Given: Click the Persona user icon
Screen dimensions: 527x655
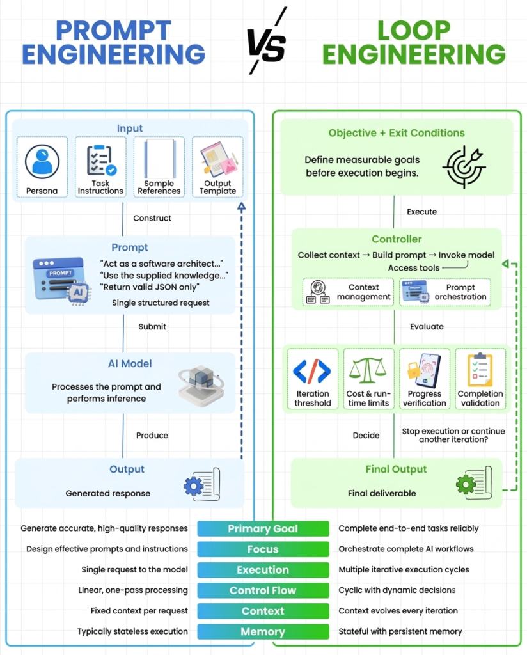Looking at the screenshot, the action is tap(42, 162).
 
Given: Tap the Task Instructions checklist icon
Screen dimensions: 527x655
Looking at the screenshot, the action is tap(100, 160).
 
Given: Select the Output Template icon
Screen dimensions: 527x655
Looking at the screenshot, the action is tap(218, 159).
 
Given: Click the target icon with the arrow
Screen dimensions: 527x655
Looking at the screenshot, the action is tap(464, 166).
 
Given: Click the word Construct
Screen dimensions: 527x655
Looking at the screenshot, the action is tap(152, 218).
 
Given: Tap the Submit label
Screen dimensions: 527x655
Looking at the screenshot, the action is tap(152, 327).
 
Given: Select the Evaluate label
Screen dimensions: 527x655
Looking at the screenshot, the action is tap(427, 327).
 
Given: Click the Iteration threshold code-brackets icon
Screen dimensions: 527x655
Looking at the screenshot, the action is tap(312, 371).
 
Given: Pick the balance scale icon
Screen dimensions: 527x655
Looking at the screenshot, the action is tap(368, 370).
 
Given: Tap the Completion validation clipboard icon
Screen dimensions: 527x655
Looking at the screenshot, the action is tap(480, 370).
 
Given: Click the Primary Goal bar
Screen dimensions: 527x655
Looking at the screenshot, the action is tap(263, 528).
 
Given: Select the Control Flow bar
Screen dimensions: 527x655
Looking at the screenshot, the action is tap(263, 590).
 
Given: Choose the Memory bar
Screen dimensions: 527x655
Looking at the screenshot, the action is tap(263, 631).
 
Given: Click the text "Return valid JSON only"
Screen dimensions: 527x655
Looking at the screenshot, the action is tap(150, 287).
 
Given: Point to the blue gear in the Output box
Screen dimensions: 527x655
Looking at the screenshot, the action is tap(193, 486).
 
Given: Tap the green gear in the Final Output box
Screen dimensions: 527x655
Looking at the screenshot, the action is tap(466, 485).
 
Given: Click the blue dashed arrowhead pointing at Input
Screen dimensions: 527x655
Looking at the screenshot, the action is tap(241, 207).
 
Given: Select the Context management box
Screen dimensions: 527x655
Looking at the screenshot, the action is tap(348, 292).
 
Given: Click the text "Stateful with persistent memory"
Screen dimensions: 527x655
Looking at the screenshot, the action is tap(400, 631).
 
